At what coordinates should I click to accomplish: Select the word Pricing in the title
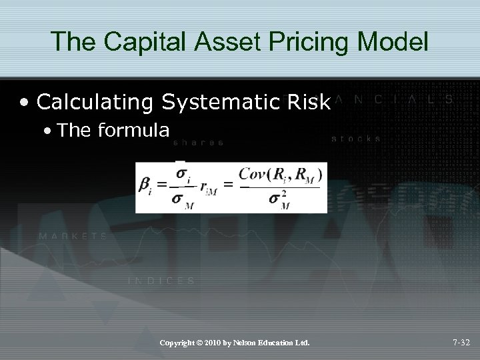tap(305, 41)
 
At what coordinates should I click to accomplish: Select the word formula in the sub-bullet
tap(132, 129)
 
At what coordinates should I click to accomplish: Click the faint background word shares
tap(198, 142)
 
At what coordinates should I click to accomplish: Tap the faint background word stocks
tap(356, 139)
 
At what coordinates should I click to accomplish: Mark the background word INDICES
tap(161, 281)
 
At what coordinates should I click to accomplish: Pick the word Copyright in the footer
tap(179, 343)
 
